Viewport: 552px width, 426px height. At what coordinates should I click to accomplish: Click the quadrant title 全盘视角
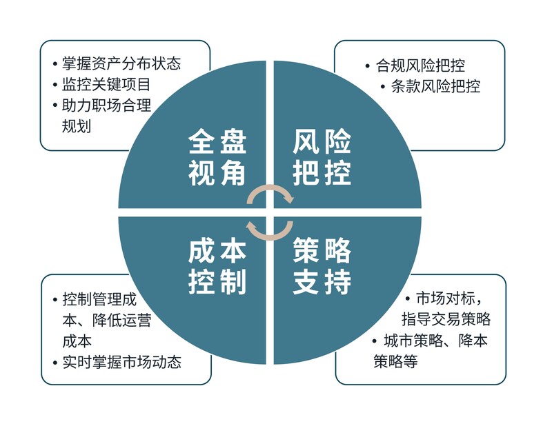217,158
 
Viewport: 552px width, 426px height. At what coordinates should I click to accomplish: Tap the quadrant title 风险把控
322,158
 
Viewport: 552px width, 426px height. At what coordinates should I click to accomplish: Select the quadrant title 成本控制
217,267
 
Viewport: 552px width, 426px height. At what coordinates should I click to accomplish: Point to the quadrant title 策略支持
322,267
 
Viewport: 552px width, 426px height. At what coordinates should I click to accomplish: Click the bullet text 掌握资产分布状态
121,64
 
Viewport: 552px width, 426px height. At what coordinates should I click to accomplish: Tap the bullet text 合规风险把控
420,66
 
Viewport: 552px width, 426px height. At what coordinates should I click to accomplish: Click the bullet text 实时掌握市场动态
121,361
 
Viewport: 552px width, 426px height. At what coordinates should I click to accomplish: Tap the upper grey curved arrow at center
270,194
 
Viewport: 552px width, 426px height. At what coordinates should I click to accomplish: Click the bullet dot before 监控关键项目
55,85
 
